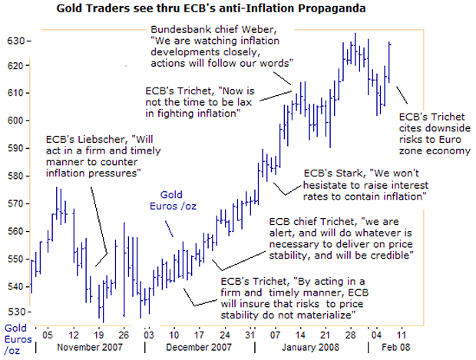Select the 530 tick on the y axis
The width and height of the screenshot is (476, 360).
(15, 312)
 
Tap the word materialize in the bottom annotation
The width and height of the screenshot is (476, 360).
(320, 314)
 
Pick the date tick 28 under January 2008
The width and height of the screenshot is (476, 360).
(353, 335)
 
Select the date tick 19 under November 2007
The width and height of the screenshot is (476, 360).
(99, 335)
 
